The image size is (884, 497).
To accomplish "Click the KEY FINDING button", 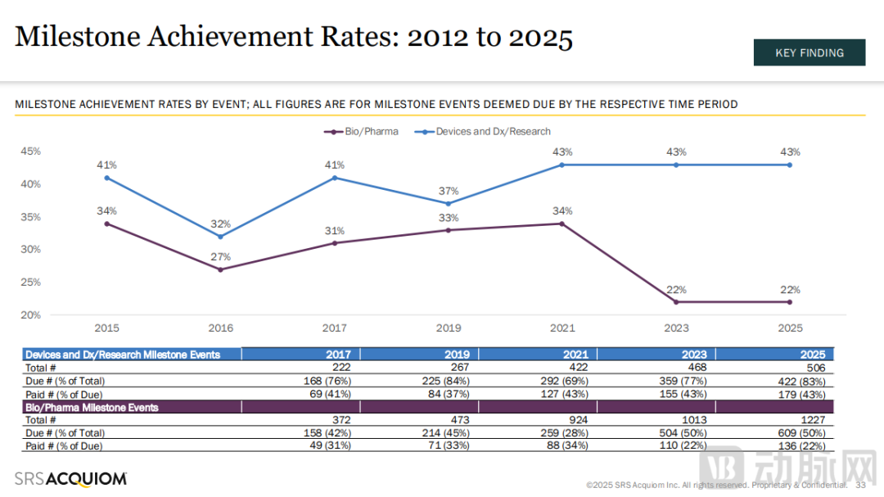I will click(x=809, y=52).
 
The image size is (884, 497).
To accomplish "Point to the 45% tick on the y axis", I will click(x=31, y=151).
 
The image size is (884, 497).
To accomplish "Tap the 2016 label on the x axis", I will click(x=220, y=328).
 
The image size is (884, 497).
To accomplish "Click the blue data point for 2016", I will click(x=220, y=237).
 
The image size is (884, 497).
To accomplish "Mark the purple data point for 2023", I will click(x=676, y=302).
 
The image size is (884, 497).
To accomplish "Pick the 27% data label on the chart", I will click(x=220, y=257).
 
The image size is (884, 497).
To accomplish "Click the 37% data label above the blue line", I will click(x=448, y=191).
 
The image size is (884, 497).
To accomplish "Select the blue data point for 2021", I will click(x=562, y=165).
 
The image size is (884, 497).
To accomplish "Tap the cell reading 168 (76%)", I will click(x=327, y=380).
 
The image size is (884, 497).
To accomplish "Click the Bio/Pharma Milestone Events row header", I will click(x=92, y=407).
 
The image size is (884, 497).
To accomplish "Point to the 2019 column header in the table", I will click(x=458, y=355).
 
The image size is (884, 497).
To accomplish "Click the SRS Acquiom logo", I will click(x=70, y=478).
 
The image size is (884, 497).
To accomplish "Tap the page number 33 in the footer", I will click(x=860, y=485).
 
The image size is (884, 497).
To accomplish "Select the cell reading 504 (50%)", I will click(x=684, y=432).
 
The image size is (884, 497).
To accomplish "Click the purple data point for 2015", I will click(x=106, y=224).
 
